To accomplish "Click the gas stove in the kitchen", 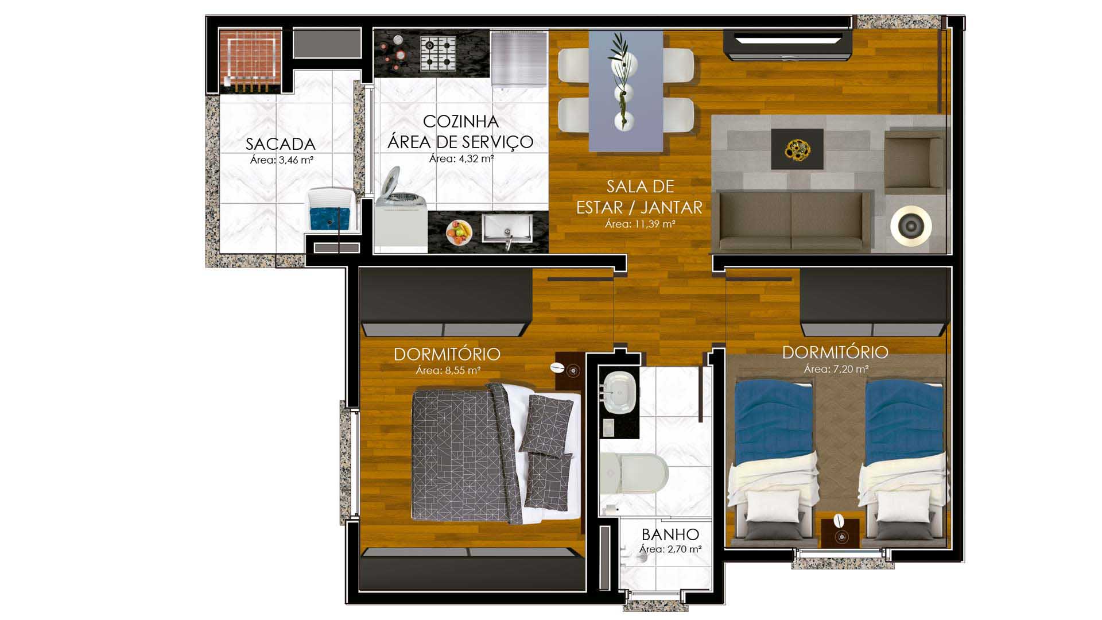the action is pyautogui.click(x=438, y=53).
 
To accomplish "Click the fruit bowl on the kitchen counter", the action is pyautogui.click(x=459, y=232).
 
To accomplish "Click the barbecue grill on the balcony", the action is pyautogui.click(x=251, y=59).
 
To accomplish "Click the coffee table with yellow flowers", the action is pyautogui.click(x=797, y=149).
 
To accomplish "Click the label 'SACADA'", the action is pyautogui.click(x=281, y=144).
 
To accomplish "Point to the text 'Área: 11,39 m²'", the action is pyautogui.click(x=640, y=224).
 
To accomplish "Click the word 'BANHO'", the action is pyautogui.click(x=670, y=534).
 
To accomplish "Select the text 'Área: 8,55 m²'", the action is pyautogui.click(x=448, y=370).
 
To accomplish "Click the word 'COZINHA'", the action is pyautogui.click(x=461, y=121).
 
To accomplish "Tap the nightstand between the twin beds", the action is pyautogui.click(x=840, y=533).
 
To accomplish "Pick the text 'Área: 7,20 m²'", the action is pyautogui.click(x=836, y=369).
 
